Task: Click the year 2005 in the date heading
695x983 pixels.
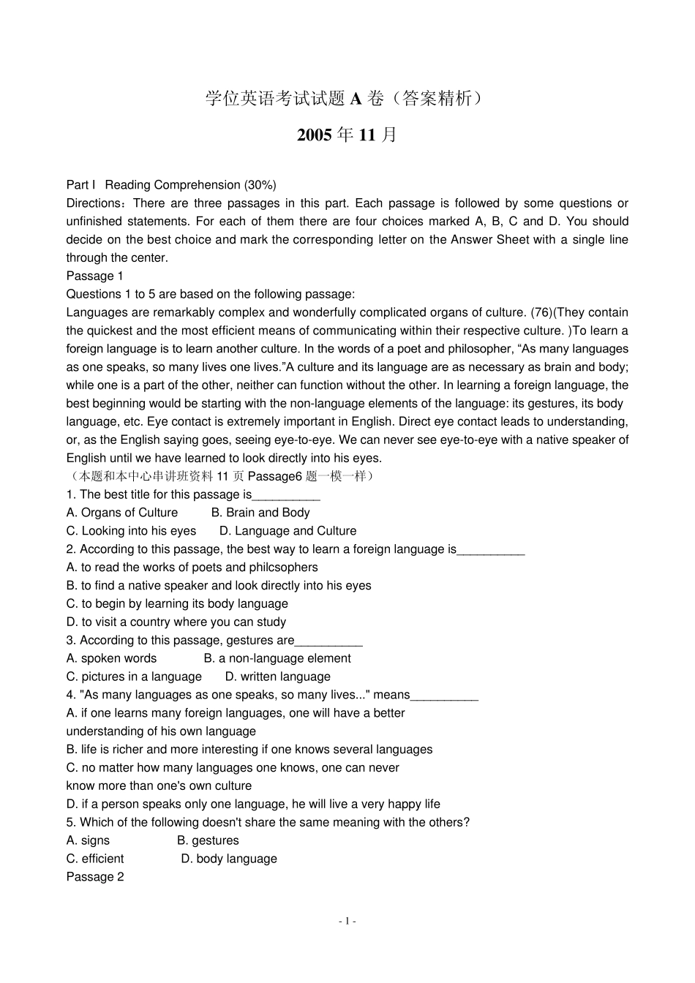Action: click(315, 135)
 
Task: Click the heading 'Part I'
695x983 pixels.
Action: click(80, 185)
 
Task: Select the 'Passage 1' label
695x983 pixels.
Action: click(94, 276)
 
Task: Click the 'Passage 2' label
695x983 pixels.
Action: click(94, 877)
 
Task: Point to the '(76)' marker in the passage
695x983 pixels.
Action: click(541, 312)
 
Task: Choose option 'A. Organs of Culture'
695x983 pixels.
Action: click(122, 513)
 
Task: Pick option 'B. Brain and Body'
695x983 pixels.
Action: click(260, 513)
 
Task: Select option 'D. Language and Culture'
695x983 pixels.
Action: click(288, 531)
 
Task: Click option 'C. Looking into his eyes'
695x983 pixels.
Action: click(131, 531)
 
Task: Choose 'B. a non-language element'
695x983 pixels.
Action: click(277, 658)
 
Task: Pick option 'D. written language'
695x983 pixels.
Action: click(278, 677)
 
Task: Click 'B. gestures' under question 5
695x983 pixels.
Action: click(208, 840)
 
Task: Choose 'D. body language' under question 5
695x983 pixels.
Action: click(229, 859)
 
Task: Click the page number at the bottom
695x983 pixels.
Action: click(347, 922)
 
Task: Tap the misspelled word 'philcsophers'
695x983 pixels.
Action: click(285, 568)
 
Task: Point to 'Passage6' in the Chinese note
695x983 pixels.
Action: click(275, 476)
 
